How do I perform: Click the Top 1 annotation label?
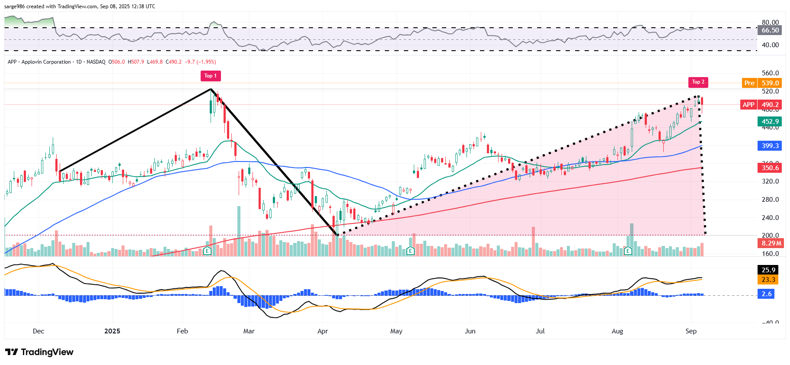[211, 76]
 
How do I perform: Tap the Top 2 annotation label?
[698, 82]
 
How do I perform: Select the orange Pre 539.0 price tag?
[761, 83]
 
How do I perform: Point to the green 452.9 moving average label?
[770, 122]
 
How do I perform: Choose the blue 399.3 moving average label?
[770, 146]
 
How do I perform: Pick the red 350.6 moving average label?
[770, 168]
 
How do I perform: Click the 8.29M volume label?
[771, 243]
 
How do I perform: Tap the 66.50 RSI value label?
[770, 30]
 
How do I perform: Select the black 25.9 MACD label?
[768, 270]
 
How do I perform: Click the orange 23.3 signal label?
[768, 280]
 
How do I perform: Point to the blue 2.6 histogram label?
[767, 294]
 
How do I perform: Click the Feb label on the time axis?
[182, 331]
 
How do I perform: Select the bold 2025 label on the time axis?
[112, 331]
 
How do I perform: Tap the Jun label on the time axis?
[470, 331]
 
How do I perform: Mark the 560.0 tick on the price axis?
[770, 73]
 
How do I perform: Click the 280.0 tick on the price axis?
[770, 200]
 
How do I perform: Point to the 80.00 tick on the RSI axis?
[770, 23]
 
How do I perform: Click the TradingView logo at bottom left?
[39, 352]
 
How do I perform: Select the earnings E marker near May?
[410, 251]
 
